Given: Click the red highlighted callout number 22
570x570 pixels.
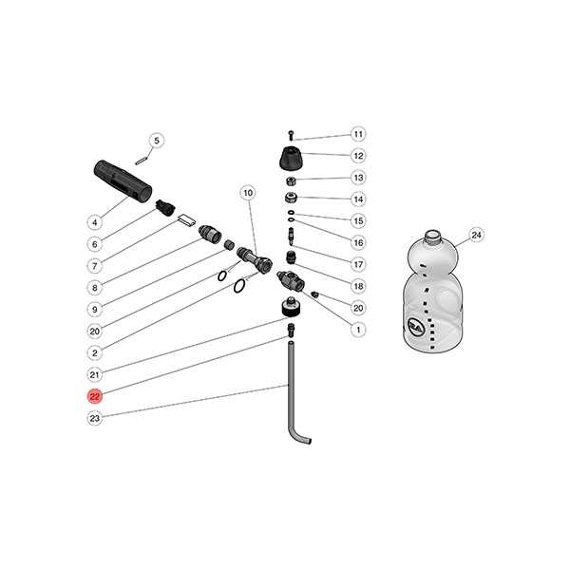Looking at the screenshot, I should (x=95, y=396).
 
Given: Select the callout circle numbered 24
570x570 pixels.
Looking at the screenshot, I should (x=476, y=235).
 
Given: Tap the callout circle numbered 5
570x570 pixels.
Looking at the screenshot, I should (x=158, y=141).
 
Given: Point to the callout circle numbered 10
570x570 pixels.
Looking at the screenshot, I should (x=247, y=193).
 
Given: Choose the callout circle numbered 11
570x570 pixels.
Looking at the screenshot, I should (x=358, y=134).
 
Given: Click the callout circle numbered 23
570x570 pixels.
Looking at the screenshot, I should (x=95, y=418).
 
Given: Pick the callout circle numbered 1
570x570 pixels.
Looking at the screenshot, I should (x=358, y=330).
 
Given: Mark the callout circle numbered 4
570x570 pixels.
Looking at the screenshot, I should (x=95, y=222).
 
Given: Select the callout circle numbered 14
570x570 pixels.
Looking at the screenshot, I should (x=358, y=199).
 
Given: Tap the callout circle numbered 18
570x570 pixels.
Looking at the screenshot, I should (x=358, y=286).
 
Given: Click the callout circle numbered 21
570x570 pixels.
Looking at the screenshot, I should (x=95, y=374).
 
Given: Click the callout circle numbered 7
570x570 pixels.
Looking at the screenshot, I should (x=95, y=265).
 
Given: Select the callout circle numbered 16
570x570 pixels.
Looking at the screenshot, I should (x=358, y=242).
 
